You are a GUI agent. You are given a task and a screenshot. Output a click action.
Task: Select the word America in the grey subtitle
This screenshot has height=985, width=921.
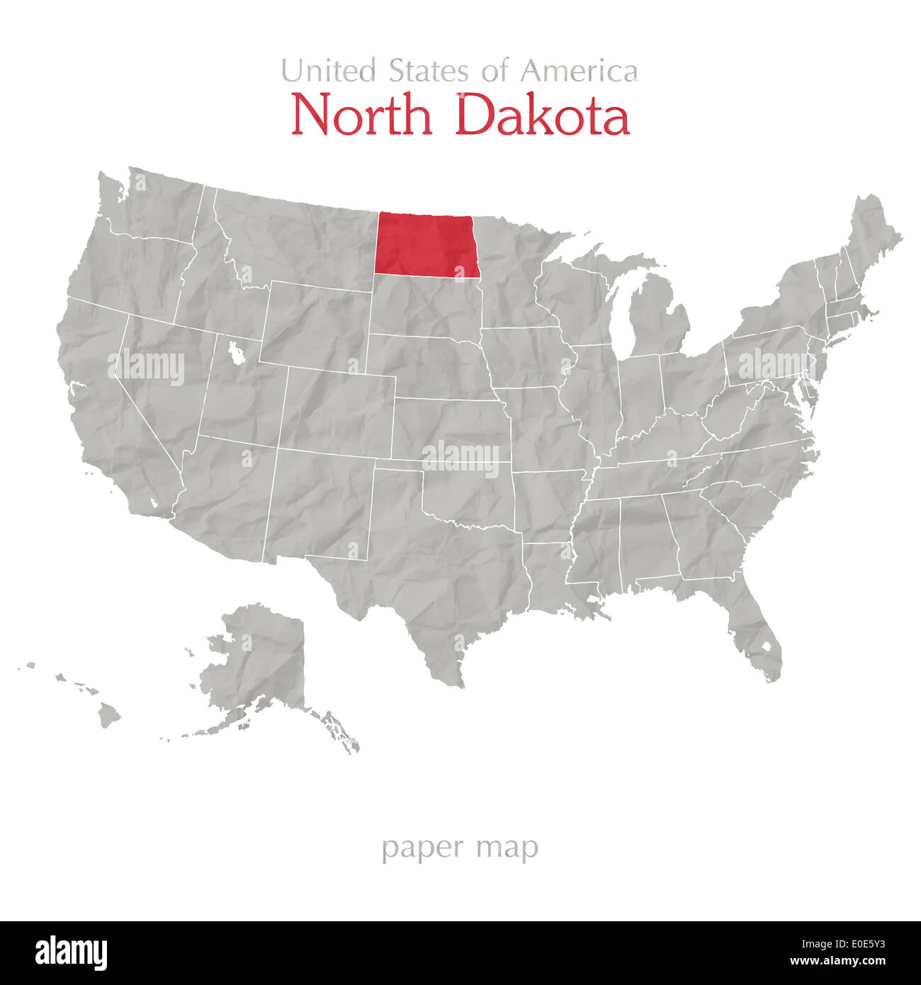coord(579,71)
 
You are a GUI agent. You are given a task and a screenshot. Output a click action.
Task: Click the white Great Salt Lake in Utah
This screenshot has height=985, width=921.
coord(235,352)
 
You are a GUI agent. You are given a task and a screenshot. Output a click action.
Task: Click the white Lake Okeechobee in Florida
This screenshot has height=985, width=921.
coord(765,646)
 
